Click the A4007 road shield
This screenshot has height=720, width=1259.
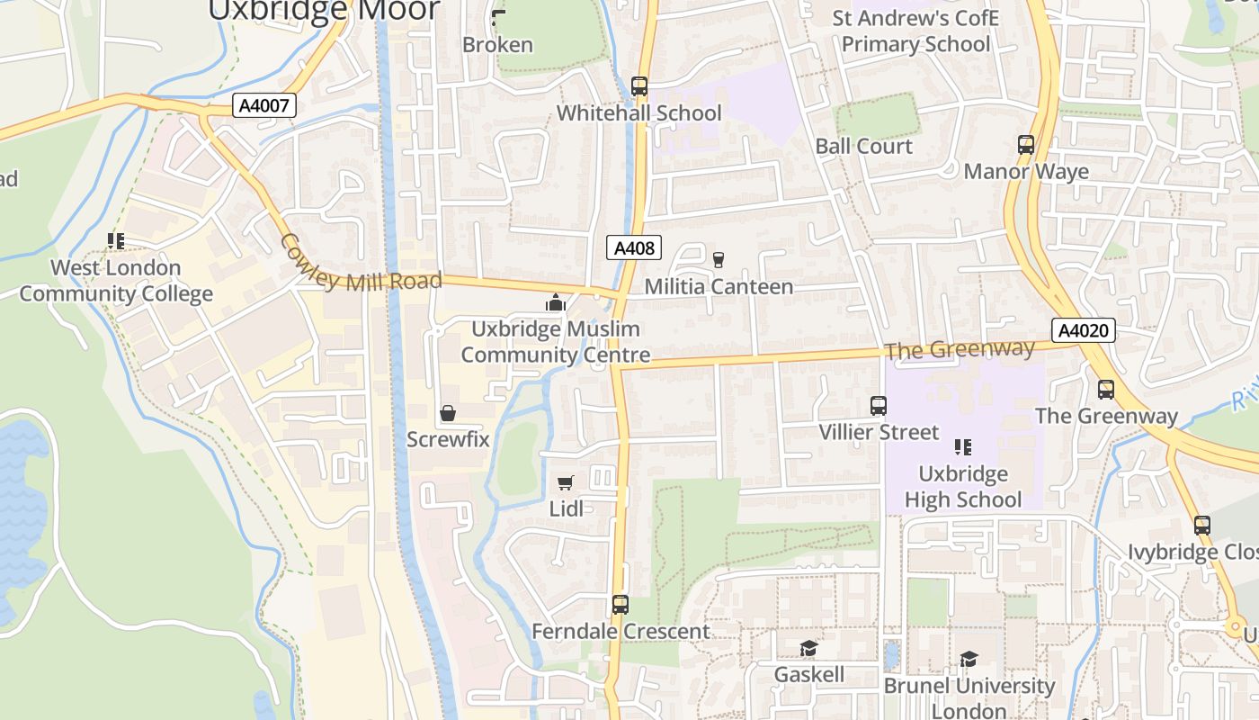[x=265, y=106]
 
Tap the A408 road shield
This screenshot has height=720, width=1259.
[x=634, y=248]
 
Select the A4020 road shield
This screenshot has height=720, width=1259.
[x=1083, y=330]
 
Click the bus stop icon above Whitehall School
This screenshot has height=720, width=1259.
[x=639, y=86]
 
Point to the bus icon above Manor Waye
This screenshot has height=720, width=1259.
[x=1025, y=144]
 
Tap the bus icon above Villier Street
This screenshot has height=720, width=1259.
[x=879, y=406]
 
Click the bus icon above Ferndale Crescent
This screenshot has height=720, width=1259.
[x=620, y=604]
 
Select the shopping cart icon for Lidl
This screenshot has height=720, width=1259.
[x=566, y=483]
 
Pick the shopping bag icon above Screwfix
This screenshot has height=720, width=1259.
[x=447, y=413]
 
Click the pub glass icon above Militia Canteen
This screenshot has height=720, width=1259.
[x=719, y=260]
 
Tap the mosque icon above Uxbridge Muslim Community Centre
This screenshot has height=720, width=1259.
[x=556, y=303]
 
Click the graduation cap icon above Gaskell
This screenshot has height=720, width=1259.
[x=808, y=649]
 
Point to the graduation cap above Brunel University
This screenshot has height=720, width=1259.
[x=968, y=660]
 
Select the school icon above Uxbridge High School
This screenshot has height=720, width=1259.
[x=962, y=447]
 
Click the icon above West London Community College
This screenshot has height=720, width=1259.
[x=115, y=241]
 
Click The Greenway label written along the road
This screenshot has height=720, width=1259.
[x=959, y=350]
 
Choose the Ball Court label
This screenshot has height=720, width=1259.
[x=863, y=146]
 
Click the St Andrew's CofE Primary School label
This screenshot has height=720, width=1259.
[x=915, y=31]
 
